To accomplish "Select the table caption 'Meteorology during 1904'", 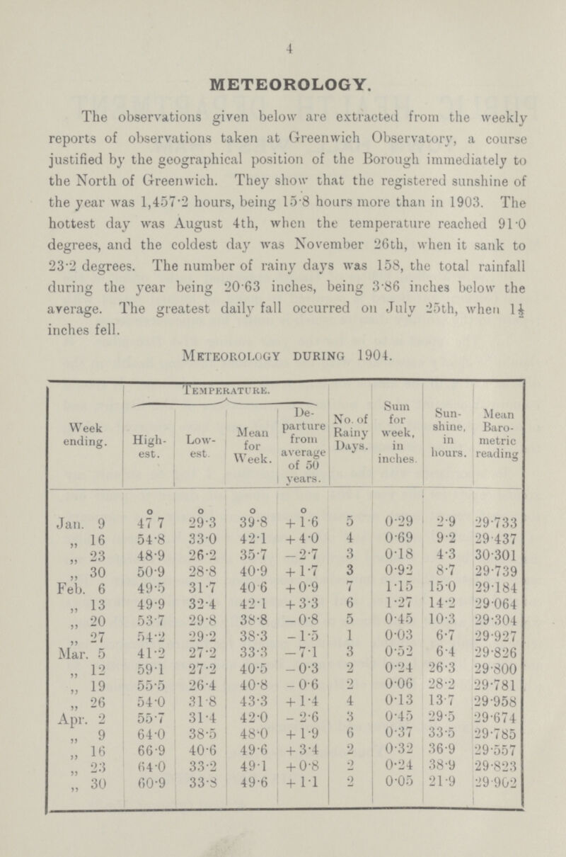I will [x=283, y=368].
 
